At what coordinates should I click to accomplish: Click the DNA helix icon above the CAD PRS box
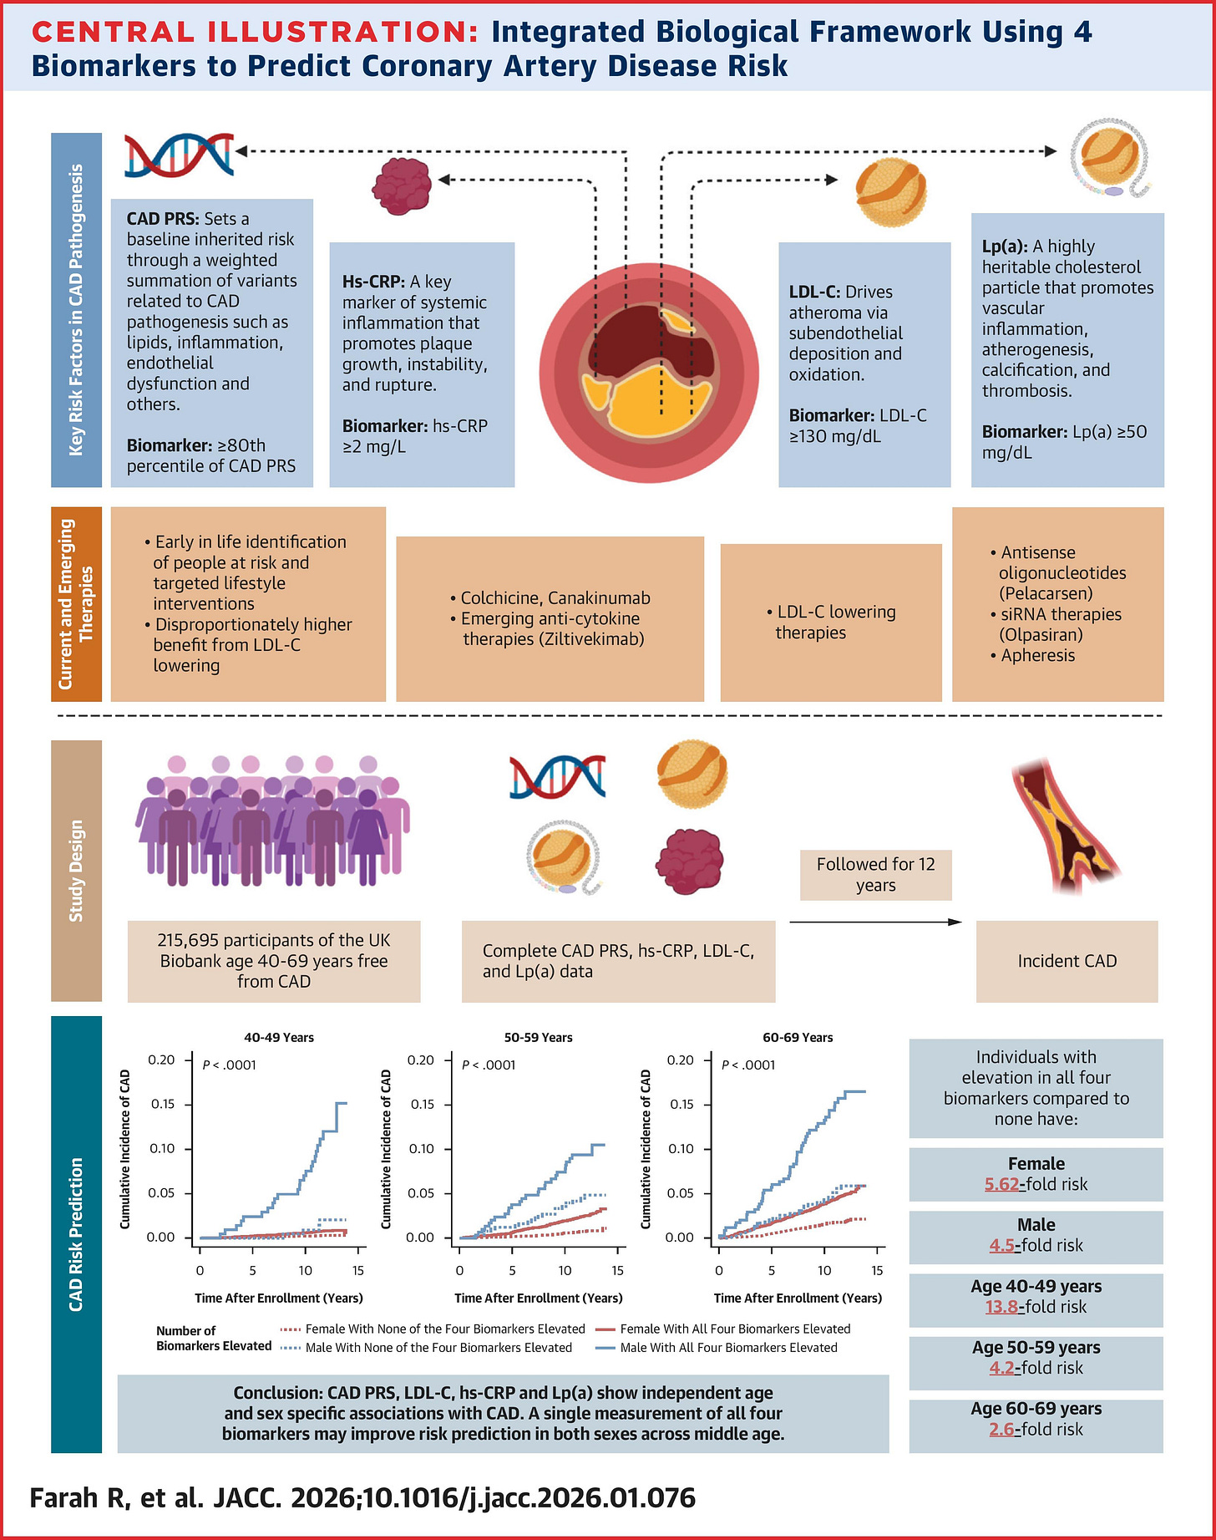pos(179,155)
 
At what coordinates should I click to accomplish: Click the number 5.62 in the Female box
pos(1001,1184)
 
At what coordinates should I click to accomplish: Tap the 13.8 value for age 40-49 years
pos(1002,1307)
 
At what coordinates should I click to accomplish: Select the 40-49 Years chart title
pos(279,1038)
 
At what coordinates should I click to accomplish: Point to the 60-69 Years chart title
pos(798,1038)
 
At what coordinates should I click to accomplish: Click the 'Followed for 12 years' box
pos(875,875)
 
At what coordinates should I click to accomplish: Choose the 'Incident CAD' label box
pos(1067,961)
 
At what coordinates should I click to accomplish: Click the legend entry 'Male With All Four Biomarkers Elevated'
pos(728,1348)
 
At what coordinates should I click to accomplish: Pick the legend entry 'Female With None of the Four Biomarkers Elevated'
pos(444,1329)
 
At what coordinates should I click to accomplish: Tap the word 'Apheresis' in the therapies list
pos(1038,655)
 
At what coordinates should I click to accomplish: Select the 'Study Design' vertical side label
pos(76,871)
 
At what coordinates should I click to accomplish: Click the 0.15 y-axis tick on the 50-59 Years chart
pos(421,1105)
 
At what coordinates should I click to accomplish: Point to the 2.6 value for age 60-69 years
pos(1001,1430)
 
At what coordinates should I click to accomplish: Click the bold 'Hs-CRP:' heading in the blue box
pos(373,282)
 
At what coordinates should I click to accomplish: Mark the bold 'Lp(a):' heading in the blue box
pos(1005,247)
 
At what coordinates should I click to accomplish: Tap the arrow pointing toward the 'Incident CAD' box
pos(875,922)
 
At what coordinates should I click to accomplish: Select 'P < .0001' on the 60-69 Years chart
pos(748,1065)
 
